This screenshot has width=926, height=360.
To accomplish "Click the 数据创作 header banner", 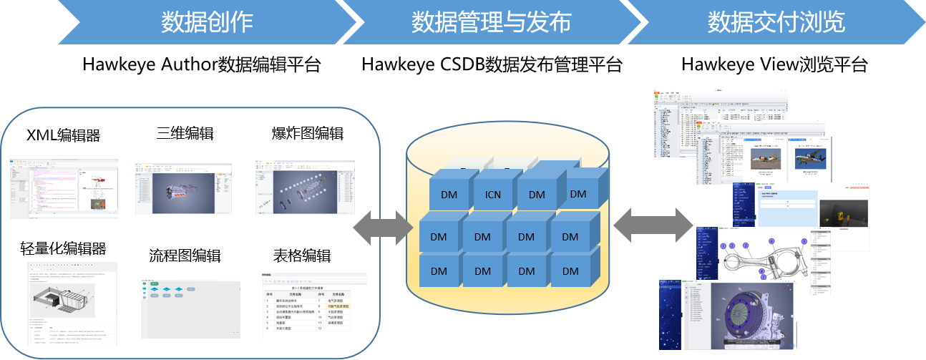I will (207, 22).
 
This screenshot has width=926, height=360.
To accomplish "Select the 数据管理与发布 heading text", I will (491, 22).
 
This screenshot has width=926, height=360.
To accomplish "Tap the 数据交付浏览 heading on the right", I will (776, 22).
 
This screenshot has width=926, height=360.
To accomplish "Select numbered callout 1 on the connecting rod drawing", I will (723, 246).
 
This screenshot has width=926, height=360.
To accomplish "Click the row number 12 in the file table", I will (319, 328).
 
